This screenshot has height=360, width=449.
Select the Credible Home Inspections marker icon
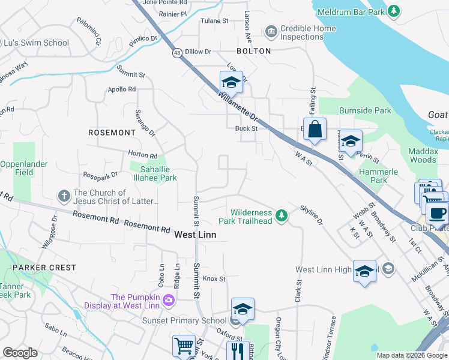271,31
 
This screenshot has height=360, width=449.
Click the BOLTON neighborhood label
254,51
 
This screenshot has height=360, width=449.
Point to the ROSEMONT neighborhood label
112,132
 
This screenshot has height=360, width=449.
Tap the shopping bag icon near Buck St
315,129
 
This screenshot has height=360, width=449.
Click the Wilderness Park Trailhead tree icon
280,214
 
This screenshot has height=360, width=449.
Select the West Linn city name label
195,235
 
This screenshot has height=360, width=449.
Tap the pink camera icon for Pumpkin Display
169,299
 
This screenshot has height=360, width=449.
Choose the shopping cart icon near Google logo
184,346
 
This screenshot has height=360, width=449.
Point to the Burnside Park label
365,110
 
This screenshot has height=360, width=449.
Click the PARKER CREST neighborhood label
44,268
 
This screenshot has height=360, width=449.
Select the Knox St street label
214,278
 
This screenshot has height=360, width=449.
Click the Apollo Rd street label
122,89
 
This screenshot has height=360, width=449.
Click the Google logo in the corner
20,352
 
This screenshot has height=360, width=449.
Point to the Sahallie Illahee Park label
154,173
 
